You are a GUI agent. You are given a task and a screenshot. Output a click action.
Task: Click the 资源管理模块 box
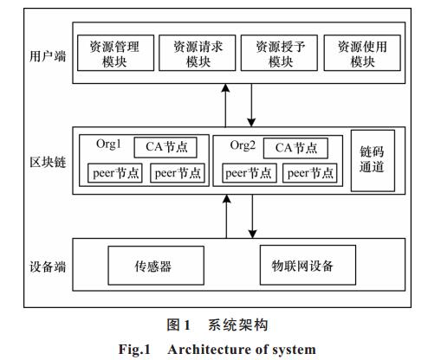(x=115, y=53)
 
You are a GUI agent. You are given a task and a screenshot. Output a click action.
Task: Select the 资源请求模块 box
(x=198, y=53)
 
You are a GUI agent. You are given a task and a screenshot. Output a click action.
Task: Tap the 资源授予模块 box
(x=279, y=53)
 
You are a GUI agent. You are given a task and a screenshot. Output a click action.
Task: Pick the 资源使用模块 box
(x=362, y=53)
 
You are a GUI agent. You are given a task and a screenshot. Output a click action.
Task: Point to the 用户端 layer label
(x=48, y=55)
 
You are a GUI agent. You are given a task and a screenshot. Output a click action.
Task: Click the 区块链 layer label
(x=48, y=162)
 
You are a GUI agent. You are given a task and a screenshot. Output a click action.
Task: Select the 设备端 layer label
(x=48, y=267)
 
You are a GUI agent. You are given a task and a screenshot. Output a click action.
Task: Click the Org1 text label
(x=108, y=144)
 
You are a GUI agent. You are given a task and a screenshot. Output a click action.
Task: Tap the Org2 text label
(x=243, y=145)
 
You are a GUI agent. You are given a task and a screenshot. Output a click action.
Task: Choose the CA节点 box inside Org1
(x=165, y=147)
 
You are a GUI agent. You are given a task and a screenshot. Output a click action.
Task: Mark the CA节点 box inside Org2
(x=295, y=148)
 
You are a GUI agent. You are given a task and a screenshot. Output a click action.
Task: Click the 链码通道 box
(x=373, y=160)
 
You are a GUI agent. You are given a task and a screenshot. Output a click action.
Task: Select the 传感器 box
(x=156, y=266)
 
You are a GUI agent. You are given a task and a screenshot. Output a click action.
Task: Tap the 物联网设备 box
(x=308, y=265)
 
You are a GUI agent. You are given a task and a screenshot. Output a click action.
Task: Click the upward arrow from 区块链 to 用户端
(x=225, y=106)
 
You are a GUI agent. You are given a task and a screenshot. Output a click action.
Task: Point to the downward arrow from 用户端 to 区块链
(x=251, y=106)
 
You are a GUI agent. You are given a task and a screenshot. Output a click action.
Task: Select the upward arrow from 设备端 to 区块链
(x=227, y=216)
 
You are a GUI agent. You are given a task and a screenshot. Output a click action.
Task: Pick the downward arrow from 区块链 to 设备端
(x=253, y=216)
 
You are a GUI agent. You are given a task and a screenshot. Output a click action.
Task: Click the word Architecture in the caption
(x=209, y=350)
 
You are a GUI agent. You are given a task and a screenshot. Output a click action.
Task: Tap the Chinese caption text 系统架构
(x=238, y=325)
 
